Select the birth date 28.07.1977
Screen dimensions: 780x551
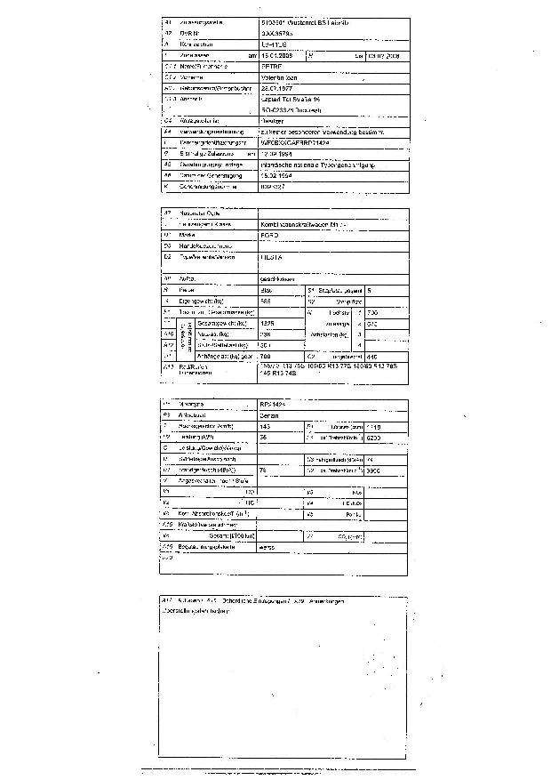click(x=278, y=89)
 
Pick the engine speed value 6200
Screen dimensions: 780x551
click(x=373, y=438)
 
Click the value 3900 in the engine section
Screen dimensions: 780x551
click(x=373, y=470)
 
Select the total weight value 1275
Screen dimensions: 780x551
click(x=268, y=323)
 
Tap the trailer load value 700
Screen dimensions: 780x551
click(x=268, y=357)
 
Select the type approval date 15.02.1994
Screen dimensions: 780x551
click(x=278, y=175)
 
